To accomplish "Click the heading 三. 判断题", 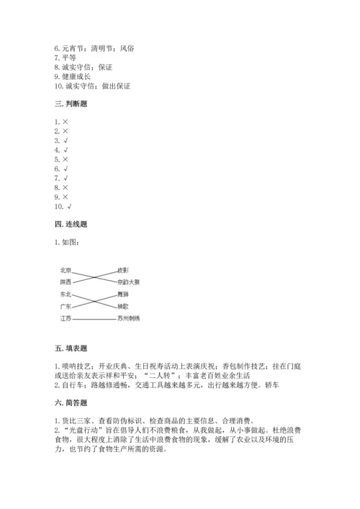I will click(x=71, y=104).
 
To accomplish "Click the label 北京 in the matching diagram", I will click(x=66, y=270).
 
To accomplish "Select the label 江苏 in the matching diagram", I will click(x=66, y=318).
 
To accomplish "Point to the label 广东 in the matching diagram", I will click(x=66, y=306).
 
